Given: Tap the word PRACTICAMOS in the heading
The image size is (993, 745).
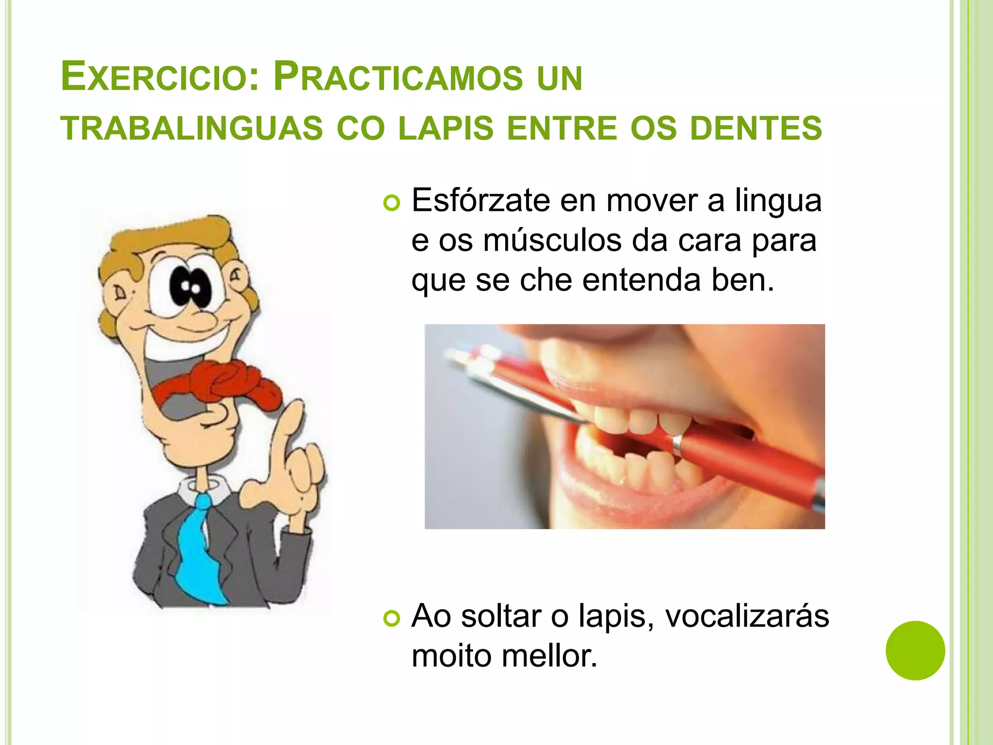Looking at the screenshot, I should click(398, 78).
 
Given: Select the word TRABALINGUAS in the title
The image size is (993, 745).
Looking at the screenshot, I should click(192, 129).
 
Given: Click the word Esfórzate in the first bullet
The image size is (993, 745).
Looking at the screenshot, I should click(480, 200).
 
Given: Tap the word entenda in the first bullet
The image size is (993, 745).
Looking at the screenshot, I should click(641, 280).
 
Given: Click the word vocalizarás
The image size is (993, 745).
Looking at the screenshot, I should click(747, 616).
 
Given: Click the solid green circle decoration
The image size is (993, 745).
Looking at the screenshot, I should click(915, 650).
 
